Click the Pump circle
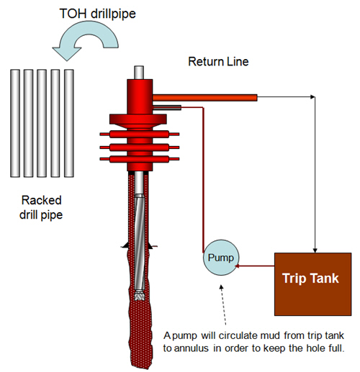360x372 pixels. tap(221, 258)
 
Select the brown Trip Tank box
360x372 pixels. tap(313, 284)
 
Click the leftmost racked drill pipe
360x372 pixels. tap(15, 123)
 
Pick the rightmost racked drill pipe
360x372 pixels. tap(69, 123)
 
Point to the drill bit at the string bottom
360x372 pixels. tap(139, 296)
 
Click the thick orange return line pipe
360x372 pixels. tap(204, 98)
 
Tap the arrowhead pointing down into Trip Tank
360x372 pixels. tap(315, 250)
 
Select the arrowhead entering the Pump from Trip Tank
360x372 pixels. tap(237, 266)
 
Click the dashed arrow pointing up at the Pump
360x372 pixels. tap(223, 305)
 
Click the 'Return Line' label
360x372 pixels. tap(218, 62)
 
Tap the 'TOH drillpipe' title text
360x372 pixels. tap(97, 14)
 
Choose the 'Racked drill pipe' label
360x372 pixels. tap(41, 207)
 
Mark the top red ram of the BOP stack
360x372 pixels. tap(140, 134)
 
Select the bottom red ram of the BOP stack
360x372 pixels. tap(140, 159)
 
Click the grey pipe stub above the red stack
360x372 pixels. tap(139, 73)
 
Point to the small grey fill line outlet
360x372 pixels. tap(167, 108)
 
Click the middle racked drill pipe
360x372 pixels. tap(42, 123)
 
